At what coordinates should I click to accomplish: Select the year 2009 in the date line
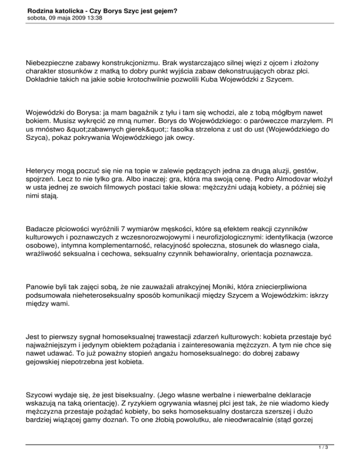tap(72, 18)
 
